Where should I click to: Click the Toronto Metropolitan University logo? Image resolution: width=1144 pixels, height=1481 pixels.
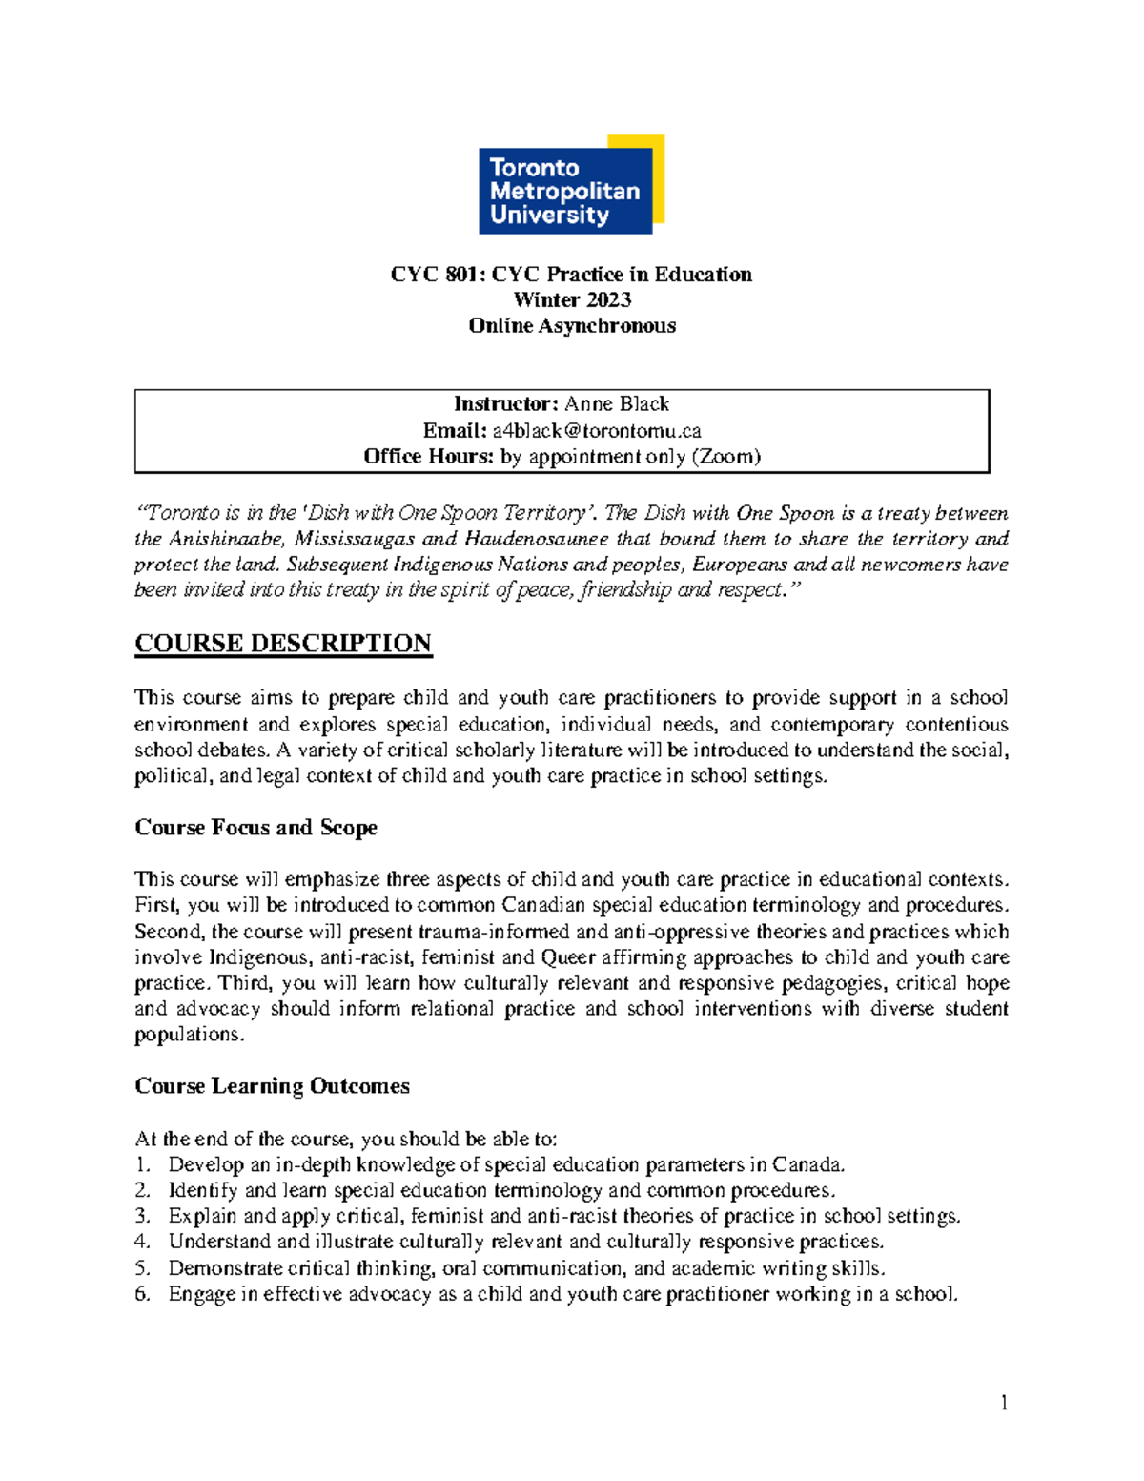(570, 185)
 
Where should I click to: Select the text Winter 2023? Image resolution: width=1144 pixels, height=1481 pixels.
(572, 300)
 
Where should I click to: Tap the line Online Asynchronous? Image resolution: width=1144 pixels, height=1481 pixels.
(572, 326)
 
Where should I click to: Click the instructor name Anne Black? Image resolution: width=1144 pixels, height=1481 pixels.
(617, 404)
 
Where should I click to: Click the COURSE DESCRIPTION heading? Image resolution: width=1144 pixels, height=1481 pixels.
(283, 644)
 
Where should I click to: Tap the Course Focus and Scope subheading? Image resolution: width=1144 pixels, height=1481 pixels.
(255, 828)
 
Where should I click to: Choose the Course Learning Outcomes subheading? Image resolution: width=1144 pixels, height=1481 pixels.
(272, 1086)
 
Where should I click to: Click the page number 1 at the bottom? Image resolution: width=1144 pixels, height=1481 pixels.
(1004, 1403)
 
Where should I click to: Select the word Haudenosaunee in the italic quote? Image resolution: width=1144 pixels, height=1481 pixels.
(536, 539)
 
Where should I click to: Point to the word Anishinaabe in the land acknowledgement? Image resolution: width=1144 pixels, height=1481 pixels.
(226, 539)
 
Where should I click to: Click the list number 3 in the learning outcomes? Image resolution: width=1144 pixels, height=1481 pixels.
(142, 1216)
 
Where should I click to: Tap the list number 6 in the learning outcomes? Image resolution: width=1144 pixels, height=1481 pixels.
(142, 1294)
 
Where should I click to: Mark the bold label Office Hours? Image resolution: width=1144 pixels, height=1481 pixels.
(428, 457)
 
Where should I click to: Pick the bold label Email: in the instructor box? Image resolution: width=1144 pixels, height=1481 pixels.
(455, 431)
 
